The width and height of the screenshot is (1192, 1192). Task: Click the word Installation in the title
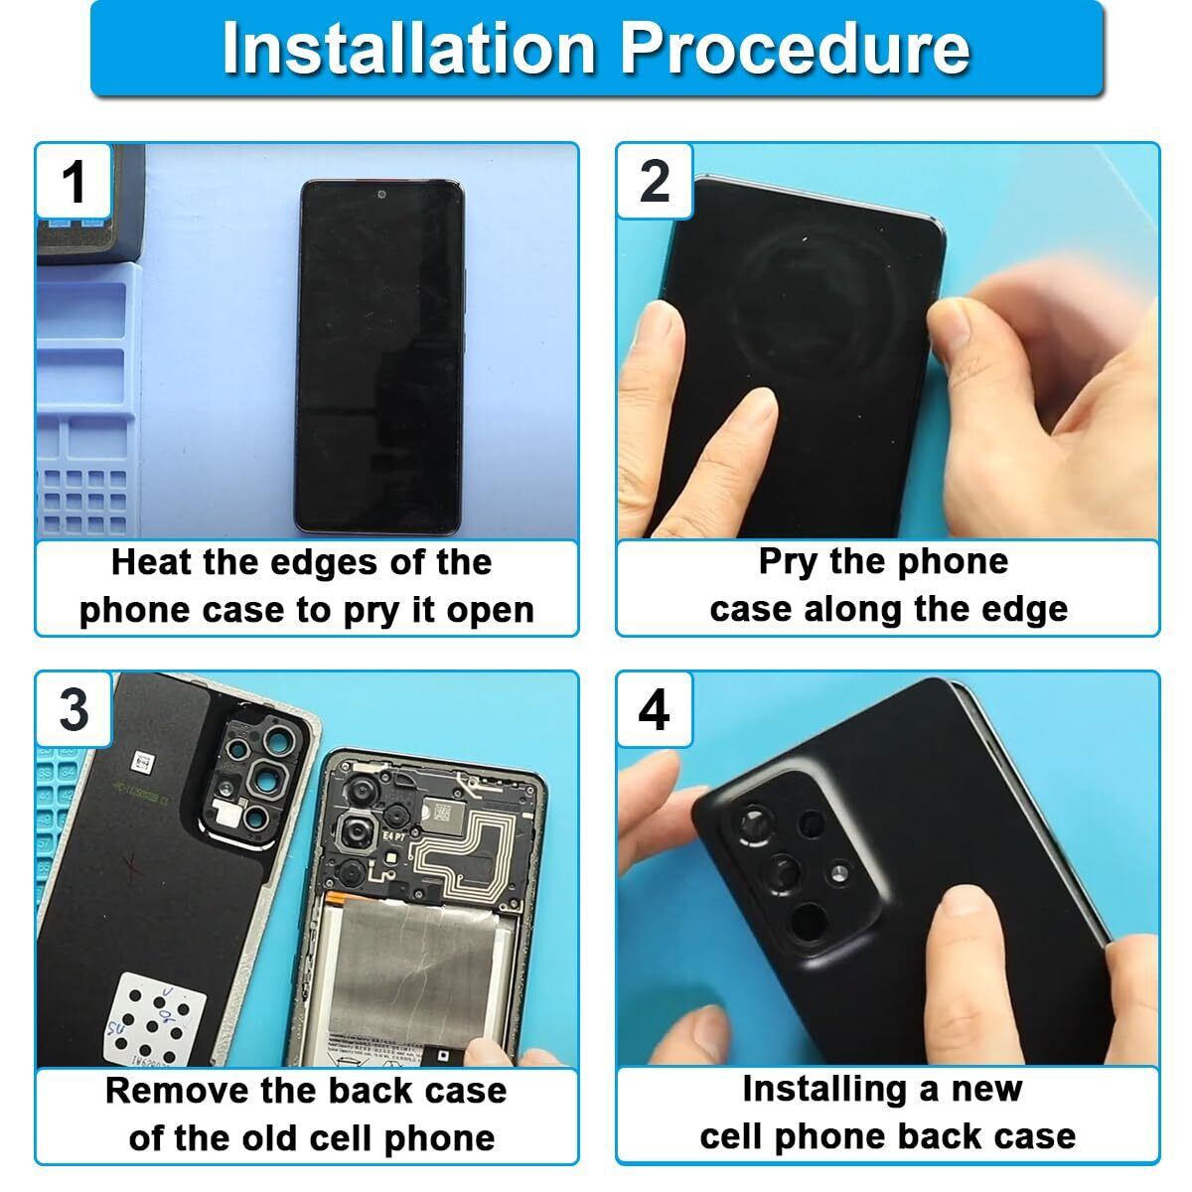point(408,48)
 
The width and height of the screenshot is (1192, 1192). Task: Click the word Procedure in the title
point(796,48)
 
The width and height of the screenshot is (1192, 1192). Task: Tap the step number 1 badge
point(74,181)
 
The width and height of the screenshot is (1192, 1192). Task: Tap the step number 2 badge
point(655,181)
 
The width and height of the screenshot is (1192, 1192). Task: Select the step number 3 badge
point(74,709)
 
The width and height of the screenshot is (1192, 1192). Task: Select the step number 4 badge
point(655,709)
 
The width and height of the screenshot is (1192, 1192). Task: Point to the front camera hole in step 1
point(381,195)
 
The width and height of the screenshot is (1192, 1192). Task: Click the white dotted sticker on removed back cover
point(155,1020)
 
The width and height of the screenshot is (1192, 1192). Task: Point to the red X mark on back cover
point(132,865)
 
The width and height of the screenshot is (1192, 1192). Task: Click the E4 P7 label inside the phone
point(394,836)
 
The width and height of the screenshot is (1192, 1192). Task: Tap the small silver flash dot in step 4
point(838,873)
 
